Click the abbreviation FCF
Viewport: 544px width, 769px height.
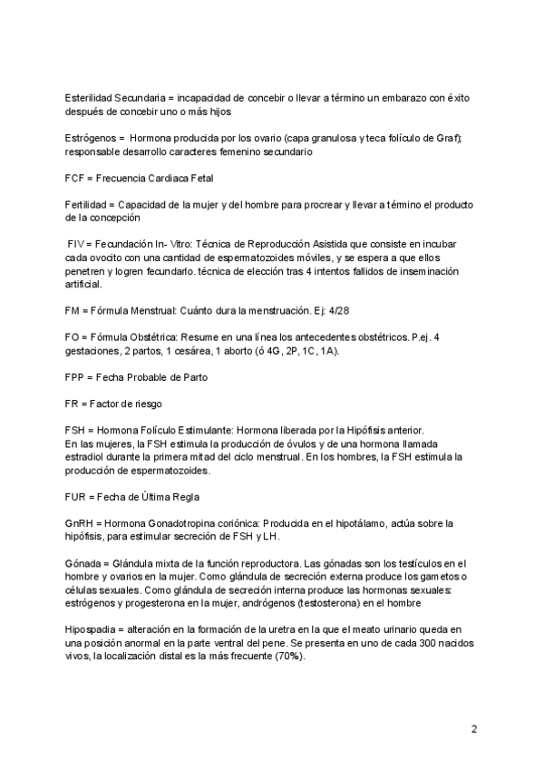pos(75,178)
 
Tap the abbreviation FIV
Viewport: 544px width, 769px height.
pos(78,245)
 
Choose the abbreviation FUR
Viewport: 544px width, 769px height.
pos(77,497)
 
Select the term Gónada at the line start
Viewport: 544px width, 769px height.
pos(83,564)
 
